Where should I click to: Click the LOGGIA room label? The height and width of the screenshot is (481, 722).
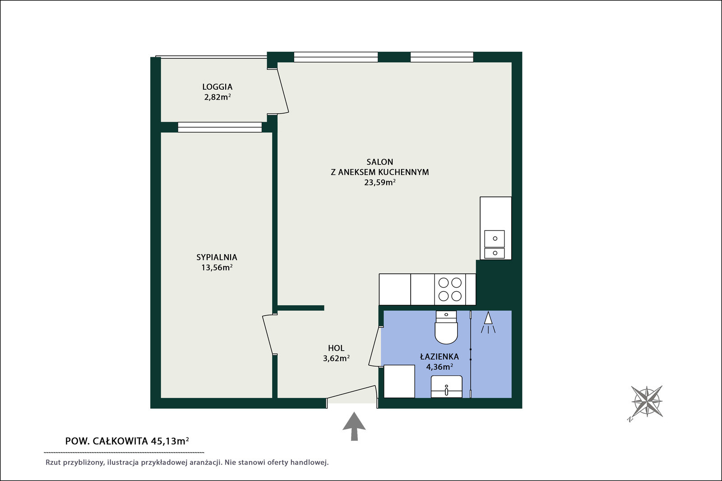point(217,87)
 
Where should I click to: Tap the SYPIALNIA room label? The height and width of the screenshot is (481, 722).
point(217,257)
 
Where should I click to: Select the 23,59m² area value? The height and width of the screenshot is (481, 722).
point(380,182)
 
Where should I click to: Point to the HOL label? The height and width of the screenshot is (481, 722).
point(336,348)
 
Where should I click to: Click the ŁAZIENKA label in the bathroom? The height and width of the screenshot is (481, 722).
point(440,357)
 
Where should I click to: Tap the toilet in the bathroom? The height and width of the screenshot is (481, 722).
point(446,327)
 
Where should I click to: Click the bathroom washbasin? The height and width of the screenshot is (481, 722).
point(446,386)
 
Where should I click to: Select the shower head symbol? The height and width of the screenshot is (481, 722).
point(488,322)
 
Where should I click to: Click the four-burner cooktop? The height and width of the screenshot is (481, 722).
point(450,289)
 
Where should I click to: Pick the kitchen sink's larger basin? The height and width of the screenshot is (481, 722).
point(495,238)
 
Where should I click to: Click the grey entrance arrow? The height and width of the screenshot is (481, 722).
point(354,426)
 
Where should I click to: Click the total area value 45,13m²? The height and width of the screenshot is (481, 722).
point(170,441)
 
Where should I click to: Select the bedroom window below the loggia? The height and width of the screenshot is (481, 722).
point(220,127)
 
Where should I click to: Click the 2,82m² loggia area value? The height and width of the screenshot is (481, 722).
point(217,97)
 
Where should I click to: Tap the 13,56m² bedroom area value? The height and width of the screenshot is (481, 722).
point(217,267)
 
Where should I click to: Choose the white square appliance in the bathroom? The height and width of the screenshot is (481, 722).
point(399,381)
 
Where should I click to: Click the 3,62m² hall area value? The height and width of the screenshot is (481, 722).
point(336,358)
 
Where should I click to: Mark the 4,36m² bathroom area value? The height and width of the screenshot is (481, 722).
point(440,366)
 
